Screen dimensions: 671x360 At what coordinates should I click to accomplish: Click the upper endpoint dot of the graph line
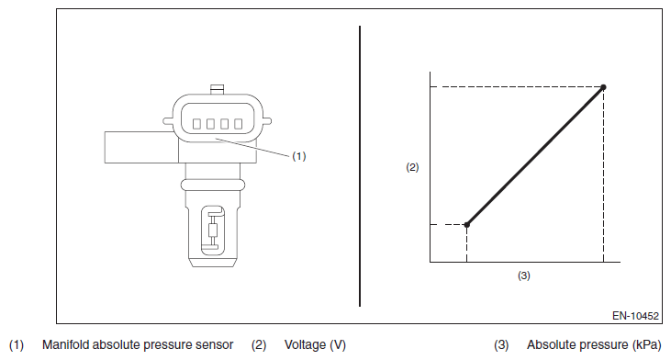tap(603, 87)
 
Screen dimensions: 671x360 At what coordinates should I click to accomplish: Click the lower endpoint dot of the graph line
tap(467, 225)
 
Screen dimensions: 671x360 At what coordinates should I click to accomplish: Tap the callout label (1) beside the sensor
tap(299, 156)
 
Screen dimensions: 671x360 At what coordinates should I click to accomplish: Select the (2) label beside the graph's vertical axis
tap(412, 167)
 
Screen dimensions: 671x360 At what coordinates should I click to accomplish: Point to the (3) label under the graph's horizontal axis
tap(524, 276)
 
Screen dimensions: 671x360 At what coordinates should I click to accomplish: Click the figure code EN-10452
tap(635, 316)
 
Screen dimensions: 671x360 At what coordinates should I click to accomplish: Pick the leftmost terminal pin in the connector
tap(196, 124)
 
